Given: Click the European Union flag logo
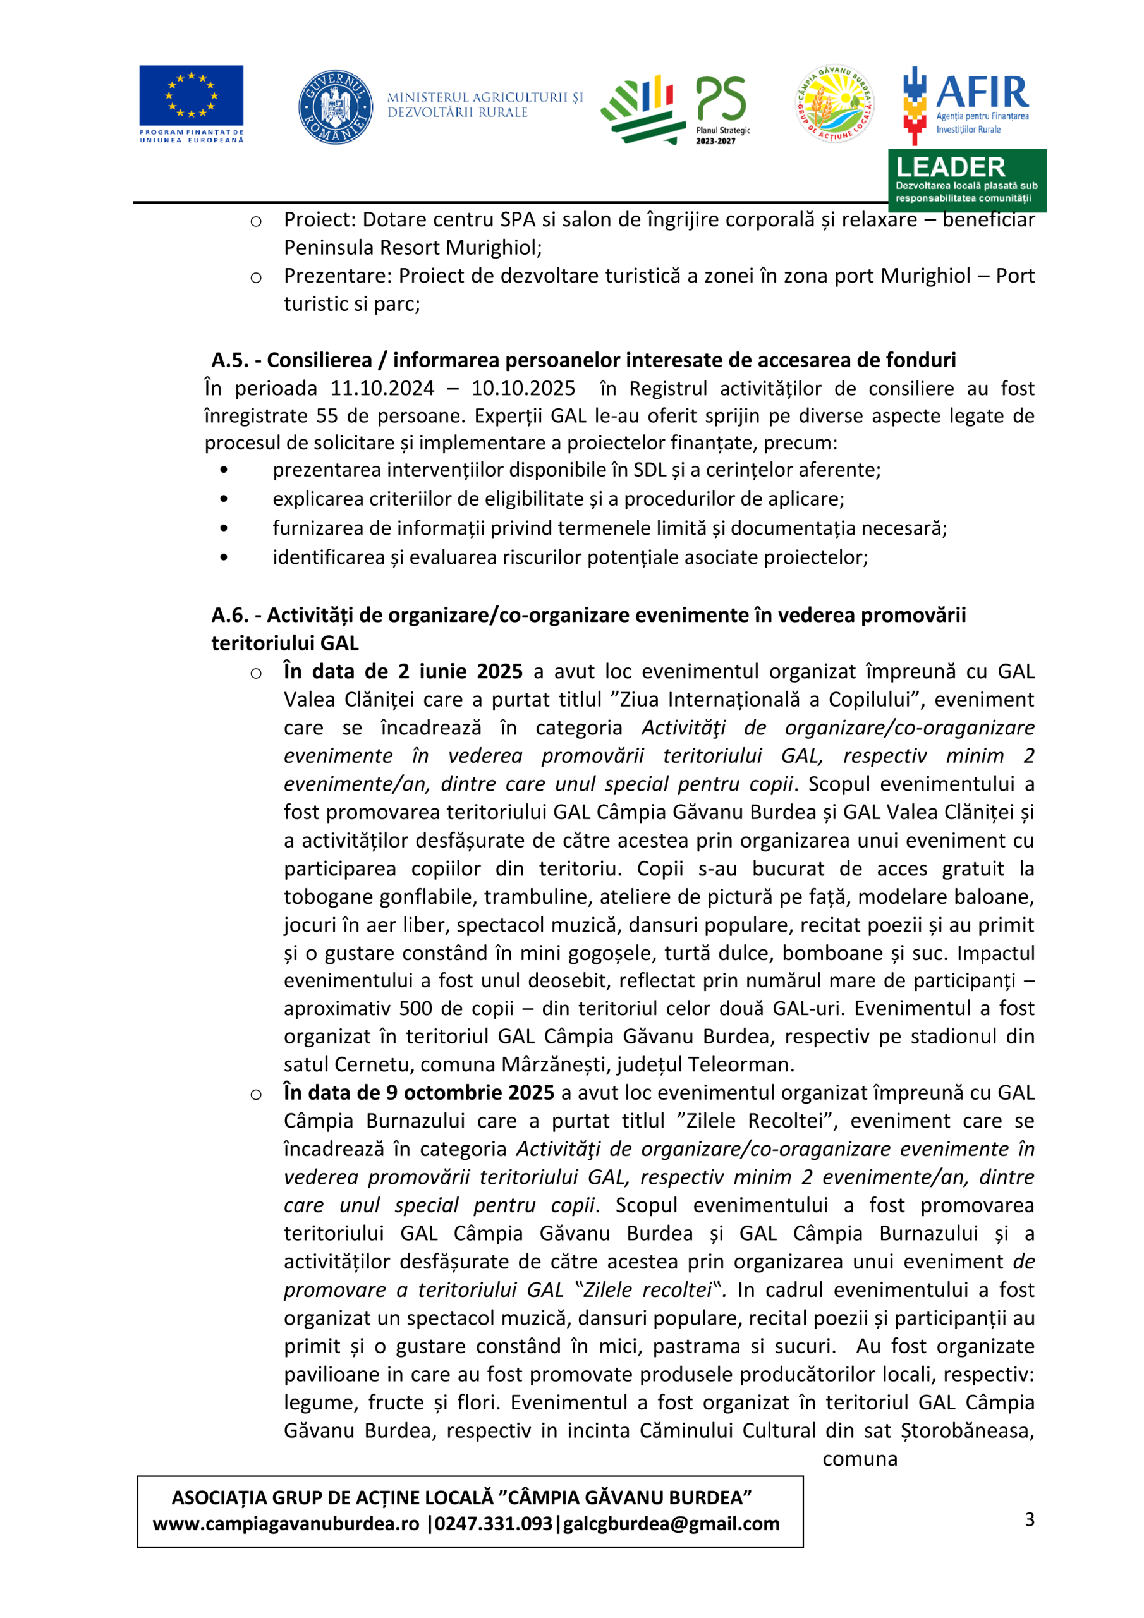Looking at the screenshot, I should (x=191, y=96).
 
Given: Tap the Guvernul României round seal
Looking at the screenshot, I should (x=336, y=107).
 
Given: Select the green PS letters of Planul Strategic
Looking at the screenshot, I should (x=721, y=98).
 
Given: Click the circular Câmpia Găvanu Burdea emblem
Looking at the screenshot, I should (x=834, y=104).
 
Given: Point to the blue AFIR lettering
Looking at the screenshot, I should (x=982, y=92).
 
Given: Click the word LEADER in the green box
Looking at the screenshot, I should (x=950, y=167).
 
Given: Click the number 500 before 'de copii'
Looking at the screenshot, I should (x=416, y=1009).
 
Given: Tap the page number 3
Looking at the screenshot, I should (x=1030, y=1519).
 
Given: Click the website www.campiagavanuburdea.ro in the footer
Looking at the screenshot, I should (x=286, y=1524).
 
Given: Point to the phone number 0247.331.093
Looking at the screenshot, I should (x=494, y=1524).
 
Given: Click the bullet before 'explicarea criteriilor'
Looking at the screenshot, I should (x=224, y=499).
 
